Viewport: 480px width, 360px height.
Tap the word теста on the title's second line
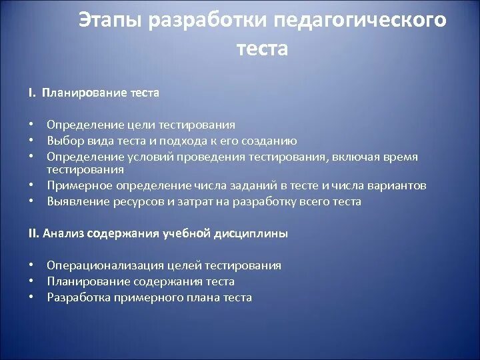coord(262,49)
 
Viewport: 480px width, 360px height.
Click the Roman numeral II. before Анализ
coord(34,233)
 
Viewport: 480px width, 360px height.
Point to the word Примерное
coord(76,186)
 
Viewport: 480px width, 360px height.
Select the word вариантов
coord(398,186)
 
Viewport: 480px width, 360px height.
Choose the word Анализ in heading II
coord(63,233)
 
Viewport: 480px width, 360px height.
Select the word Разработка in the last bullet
coord(76,297)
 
